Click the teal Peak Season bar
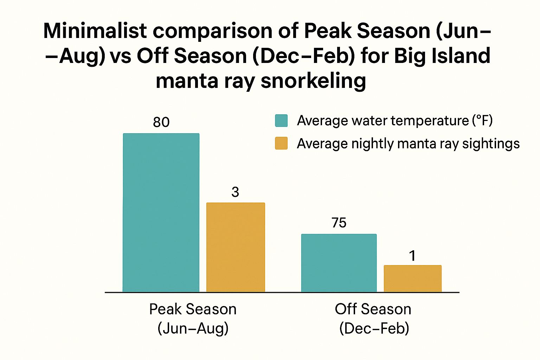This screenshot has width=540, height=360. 161,212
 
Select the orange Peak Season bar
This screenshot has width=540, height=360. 236,247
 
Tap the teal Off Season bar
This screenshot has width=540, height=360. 339,263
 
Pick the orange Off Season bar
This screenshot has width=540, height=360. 412,278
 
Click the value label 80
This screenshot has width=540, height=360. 161,122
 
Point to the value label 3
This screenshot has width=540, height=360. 235,192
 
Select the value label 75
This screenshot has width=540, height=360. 339,223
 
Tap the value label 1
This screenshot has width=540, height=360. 413,256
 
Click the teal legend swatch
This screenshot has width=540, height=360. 281,121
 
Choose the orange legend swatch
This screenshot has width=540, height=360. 281,143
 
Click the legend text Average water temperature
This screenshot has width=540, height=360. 394,121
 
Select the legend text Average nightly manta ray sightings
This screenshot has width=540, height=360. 408,143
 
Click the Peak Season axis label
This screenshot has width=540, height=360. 193,309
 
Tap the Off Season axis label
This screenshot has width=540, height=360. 373,309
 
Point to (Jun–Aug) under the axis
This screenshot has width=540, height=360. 193,328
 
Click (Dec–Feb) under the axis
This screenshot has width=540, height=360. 374,328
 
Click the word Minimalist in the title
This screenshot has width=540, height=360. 95,31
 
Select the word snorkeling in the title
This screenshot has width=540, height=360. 313,81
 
